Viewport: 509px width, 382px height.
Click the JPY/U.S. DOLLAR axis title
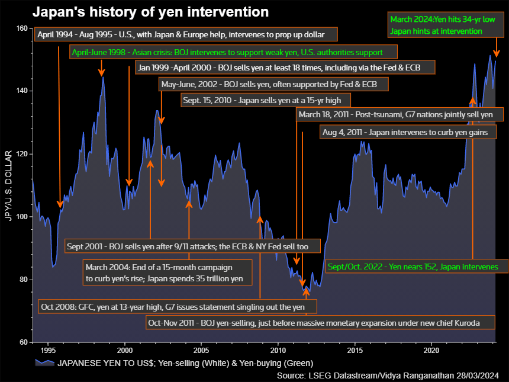click(9, 185)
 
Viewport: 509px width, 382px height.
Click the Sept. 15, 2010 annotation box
click(265, 100)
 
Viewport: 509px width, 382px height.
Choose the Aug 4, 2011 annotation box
click(408, 133)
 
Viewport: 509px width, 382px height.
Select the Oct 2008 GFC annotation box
click(177, 307)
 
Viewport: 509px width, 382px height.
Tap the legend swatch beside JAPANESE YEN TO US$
click(44, 363)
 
